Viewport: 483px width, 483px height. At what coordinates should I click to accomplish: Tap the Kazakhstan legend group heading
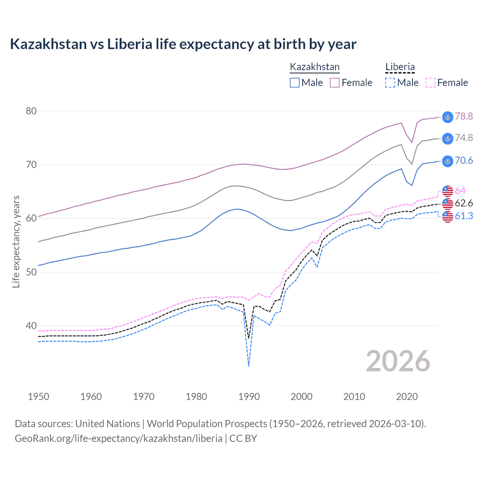point(315,67)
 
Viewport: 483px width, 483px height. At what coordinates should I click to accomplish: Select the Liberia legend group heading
point(400,67)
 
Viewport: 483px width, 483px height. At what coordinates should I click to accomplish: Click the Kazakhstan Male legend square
point(295,83)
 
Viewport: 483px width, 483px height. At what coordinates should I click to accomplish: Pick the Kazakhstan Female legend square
point(335,83)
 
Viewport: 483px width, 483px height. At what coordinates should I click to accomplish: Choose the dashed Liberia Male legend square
point(390,83)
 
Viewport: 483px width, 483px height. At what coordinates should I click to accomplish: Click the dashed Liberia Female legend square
point(430,83)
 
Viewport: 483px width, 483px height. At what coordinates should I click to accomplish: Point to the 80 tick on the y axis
point(31,111)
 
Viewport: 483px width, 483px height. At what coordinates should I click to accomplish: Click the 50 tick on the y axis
point(31,272)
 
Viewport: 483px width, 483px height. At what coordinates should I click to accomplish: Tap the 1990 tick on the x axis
point(249,397)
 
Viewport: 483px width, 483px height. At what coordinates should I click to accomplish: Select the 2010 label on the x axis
point(354,397)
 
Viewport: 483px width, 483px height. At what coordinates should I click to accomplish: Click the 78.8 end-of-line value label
point(464,116)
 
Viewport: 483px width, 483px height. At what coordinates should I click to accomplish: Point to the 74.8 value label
point(464,138)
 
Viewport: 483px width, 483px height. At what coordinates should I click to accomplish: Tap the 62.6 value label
point(464,203)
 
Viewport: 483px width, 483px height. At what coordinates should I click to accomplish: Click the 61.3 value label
point(464,216)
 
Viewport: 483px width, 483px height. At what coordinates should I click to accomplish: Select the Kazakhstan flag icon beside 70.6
point(448,161)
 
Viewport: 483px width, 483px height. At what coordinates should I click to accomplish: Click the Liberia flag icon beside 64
point(448,191)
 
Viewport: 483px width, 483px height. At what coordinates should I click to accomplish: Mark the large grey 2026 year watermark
point(398,361)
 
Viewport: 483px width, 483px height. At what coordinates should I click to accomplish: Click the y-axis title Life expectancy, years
point(16,241)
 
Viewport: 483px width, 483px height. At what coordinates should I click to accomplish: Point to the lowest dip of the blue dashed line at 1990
point(249,366)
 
